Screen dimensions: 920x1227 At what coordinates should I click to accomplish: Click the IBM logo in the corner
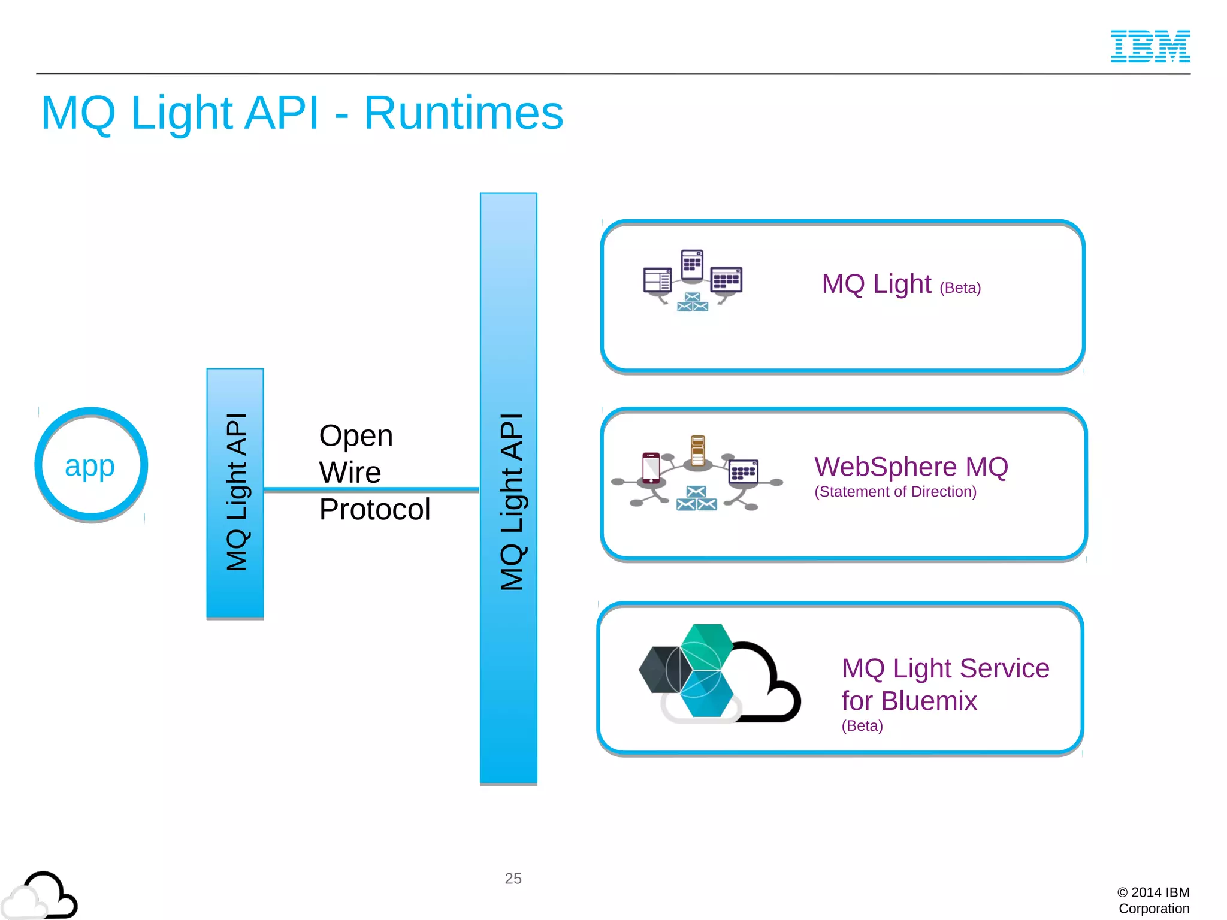click(1150, 46)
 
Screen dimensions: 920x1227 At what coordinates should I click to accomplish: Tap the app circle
click(90, 465)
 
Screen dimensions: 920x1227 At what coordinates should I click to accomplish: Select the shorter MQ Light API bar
click(235, 492)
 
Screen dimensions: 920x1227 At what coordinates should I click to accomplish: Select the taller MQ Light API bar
click(508, 488)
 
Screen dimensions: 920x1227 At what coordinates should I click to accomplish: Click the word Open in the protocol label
click(356, 435)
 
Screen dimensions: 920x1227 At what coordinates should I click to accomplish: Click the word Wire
click(350, 473)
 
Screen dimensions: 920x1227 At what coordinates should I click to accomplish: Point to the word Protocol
click(374, 510)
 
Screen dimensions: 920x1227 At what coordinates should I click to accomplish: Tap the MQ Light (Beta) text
click(900, 285)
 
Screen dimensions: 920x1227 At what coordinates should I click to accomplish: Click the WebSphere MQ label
click(911, 467)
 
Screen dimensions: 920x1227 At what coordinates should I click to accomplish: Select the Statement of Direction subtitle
click(895, 492)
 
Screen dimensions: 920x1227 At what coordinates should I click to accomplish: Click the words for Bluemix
click(908, 701)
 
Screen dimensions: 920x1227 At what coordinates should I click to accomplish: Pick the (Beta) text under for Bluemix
click(862, 726)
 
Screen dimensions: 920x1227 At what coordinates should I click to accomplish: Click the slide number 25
click(513, 879)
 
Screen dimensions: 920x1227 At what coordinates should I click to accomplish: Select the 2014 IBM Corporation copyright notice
click(1153, 900)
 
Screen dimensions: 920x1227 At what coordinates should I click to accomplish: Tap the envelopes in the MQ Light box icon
click(692, 302)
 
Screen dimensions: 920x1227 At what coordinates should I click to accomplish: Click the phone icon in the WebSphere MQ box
click(651, 468)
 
